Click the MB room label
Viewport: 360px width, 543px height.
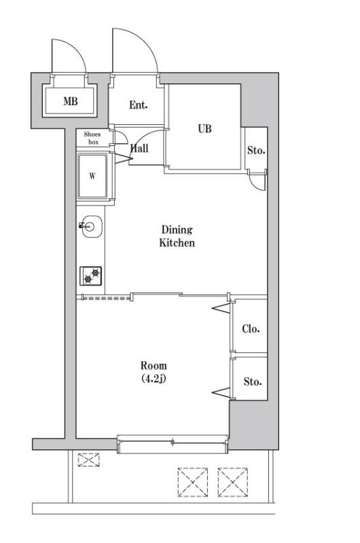pos(70,102)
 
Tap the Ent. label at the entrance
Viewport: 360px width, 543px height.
pos(139,105)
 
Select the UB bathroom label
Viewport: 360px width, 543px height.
pos(204,128)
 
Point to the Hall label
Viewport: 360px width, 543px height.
pos(140,149)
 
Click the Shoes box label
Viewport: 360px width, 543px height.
pos(92,138)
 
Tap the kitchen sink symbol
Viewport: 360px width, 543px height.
pos(90,227)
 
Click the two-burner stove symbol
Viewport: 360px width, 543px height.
pos(92,275)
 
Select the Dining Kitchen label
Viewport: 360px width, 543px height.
pos(177,236)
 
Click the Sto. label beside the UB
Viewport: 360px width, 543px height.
pos(255,150)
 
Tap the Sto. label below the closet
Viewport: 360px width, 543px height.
pos(253,381)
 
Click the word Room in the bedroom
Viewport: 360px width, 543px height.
pos(154,366)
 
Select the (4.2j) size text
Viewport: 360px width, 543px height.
pos(154,378)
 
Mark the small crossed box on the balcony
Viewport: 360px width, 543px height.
pos(88,460)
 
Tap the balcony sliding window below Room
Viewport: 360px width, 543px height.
pos(173,443)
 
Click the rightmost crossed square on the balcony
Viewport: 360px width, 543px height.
pos(232,483)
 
